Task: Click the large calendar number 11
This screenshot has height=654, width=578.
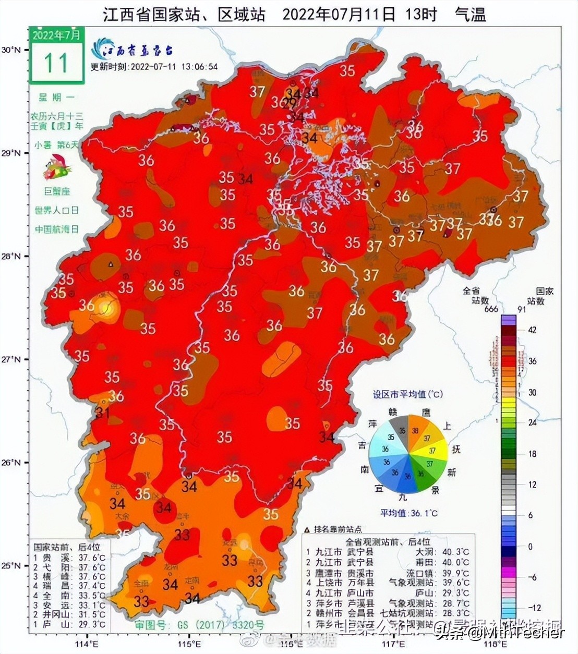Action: [56, 63]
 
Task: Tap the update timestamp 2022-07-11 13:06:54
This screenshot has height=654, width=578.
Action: [154, 67]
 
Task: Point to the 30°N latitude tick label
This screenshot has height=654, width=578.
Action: [10, 50]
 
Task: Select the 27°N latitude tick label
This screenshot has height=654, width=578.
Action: [10, 360]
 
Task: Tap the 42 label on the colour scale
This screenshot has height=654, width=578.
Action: [532, 330]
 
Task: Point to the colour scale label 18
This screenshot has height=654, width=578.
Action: [532, 454]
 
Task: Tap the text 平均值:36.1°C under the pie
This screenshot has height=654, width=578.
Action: [408, 513]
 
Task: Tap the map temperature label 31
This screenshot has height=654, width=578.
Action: [102, 413]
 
